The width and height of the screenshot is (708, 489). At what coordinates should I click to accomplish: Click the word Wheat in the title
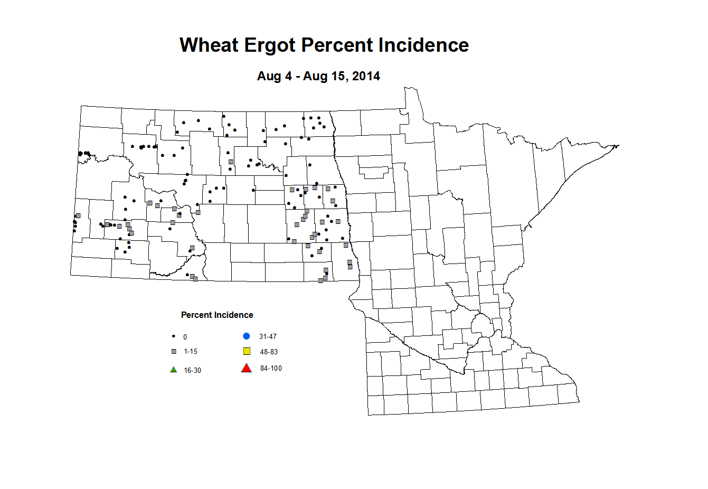pos(210,45)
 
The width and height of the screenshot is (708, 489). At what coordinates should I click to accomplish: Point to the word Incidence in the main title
pos(423,45)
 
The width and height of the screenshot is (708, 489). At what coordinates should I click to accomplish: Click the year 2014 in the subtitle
pos(366,76)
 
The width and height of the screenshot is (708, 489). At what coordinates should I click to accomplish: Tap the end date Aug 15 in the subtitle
pos(325,76)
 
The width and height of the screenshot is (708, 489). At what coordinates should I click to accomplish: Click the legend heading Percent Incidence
pos(217,315)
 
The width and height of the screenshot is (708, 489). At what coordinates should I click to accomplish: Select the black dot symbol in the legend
pos(173,336)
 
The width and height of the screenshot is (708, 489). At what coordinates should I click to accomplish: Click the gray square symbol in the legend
pos(174,352)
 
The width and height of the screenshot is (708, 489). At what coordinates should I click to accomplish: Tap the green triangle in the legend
pos(173,370)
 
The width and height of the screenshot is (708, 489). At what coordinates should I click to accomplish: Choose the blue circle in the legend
pos(246,336)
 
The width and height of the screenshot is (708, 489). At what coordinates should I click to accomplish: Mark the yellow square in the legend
pos(247,352)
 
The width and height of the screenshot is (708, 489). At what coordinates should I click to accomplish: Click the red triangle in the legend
pos(247,369)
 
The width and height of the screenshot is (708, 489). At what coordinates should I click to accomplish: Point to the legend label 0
pos(185,337)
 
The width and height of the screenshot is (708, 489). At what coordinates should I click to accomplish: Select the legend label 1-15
pos(191,352)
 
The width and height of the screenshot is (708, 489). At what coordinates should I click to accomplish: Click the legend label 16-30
pos(192,371)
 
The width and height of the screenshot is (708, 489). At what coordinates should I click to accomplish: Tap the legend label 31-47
pos(268,336)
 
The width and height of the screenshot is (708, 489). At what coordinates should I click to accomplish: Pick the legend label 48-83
pos(269,352)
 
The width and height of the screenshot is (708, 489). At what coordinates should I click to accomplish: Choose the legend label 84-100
pos(271,369)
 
